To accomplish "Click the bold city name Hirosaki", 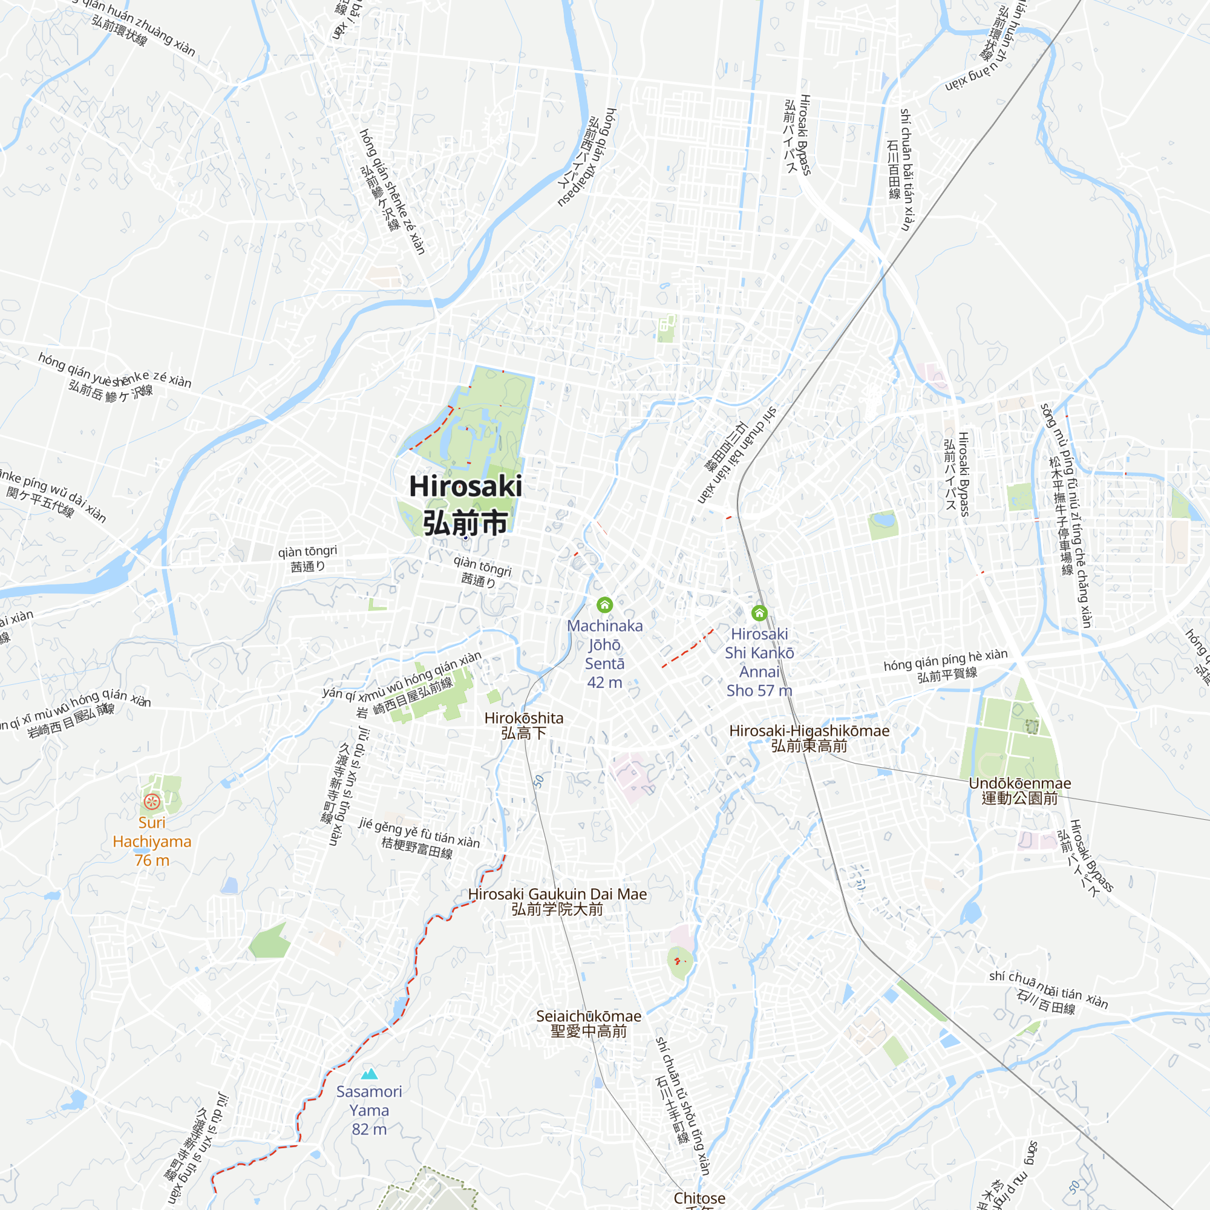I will (465, 486).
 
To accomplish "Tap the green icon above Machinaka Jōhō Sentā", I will (604, 604).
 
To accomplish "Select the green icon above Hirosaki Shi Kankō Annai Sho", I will (759, 612).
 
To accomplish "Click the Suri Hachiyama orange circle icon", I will (152, 801).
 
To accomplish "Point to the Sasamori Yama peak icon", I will (370, 1074).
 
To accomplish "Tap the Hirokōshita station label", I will (523, 718).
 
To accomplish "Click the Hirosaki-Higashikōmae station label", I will (809, 731).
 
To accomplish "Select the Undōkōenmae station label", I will (1019, 783).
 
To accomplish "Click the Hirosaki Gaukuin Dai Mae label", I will (557, 894).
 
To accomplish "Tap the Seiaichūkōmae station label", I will (589, 1016).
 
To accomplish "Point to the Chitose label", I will (699, 1197).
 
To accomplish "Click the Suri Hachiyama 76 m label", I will (152, 841).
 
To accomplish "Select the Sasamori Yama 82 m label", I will (370, 1110).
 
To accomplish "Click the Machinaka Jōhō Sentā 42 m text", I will (604, 654).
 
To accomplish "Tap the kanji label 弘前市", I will (465, 523).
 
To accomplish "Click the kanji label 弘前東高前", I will (809, 746).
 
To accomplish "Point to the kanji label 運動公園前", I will (1019, 799).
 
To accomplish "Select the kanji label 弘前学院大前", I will (557, 909).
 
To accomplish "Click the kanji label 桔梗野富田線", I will (417, 848).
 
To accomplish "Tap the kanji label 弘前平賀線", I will (947, 675).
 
